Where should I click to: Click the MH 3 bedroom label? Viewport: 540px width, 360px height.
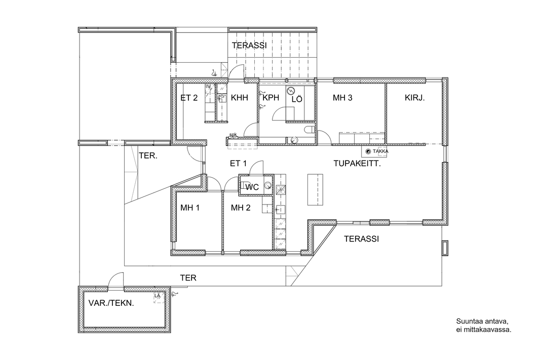point(342,98)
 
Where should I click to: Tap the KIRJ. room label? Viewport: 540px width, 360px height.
point(415,97)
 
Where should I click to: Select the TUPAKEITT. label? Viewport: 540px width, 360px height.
point(357,164)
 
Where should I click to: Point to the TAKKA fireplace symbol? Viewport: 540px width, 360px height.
point(368,151)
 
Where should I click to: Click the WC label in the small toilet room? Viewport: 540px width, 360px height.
point(252,187)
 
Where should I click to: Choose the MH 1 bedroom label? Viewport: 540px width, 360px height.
point(190,208)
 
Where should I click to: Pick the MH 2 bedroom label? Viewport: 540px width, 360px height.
point(241,208)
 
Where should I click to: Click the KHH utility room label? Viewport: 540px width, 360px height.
point(239,98)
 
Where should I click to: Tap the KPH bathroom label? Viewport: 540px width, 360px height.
point(271,98)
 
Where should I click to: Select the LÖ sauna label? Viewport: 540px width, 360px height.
point(297,99)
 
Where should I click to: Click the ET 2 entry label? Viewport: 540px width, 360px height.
point(189,98)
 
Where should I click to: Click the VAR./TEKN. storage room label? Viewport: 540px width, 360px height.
point(111,303)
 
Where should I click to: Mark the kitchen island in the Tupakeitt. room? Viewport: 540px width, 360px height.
point(316,189)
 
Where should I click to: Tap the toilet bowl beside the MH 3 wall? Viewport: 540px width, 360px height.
point(310,130)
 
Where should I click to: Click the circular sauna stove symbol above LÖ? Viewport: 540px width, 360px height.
point(291,91)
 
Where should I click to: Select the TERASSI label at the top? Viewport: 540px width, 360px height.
point(249,46)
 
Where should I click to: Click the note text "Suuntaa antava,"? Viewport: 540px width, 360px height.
point(482,322)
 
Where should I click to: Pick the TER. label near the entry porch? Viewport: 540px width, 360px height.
point(148,155)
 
